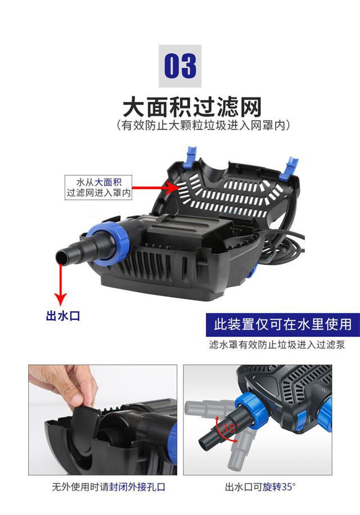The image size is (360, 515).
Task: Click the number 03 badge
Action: pyautogui.click(x=180, y=66)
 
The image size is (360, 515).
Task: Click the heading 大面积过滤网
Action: pyautogui.click(x=192, y=107)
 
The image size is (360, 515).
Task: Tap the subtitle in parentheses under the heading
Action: pyautogui.click(x=204, y=126)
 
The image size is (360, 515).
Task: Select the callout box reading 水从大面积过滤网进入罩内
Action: pyautogui.click(x=99, y=187)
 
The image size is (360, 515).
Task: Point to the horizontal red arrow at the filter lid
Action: pyautogui.click(x=155, y=188)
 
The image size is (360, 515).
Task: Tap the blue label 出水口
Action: pyautogui.click(x=63, y=316)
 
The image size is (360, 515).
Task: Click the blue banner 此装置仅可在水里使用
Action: pyautogui.click(x=283, y=325)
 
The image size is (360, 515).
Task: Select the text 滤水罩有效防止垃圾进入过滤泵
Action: pyautogui.click(x=277, y=345)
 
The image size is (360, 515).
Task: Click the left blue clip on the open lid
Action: pyautogui.click(x=191, y=155)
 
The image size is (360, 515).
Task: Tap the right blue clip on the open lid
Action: pyautogui.click(x=289, y=169)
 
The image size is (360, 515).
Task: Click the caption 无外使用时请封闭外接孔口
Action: pyautogui.click(x=109, y=487)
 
